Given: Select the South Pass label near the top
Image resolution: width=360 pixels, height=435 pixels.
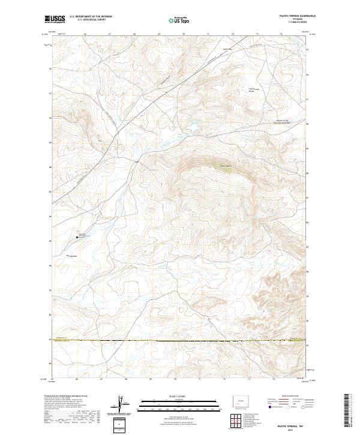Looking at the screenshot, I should (x=226, y=49).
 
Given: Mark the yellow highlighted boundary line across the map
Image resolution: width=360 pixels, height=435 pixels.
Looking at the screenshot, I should (x=180, y=341).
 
